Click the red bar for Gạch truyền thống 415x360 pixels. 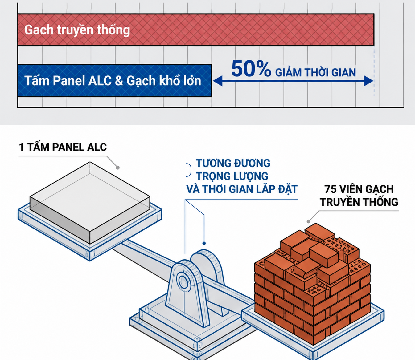coord(196,30)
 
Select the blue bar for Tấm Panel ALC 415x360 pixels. coord(115,80)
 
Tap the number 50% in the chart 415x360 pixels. coord(251,69)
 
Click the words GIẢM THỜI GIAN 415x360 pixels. coord(315,73)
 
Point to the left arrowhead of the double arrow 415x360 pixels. coord(217,81)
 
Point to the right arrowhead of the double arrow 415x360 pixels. coord(368,81)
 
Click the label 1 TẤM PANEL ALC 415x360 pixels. coord(63,147)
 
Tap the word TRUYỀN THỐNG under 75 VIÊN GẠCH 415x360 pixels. coord(359,202)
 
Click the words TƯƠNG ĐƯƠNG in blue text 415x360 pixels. coord(233,163)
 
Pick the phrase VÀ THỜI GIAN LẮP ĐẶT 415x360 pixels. coord(242,189)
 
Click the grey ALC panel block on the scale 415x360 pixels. coord(90,203)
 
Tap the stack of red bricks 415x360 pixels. coord(313,284)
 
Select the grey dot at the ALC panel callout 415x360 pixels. coord(118,168)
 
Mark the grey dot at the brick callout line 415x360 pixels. coord(309,221)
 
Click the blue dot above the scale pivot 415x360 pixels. coord(204,243)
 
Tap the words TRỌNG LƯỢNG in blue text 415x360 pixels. coord(232,176)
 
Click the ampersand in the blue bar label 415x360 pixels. coord(119,81)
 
